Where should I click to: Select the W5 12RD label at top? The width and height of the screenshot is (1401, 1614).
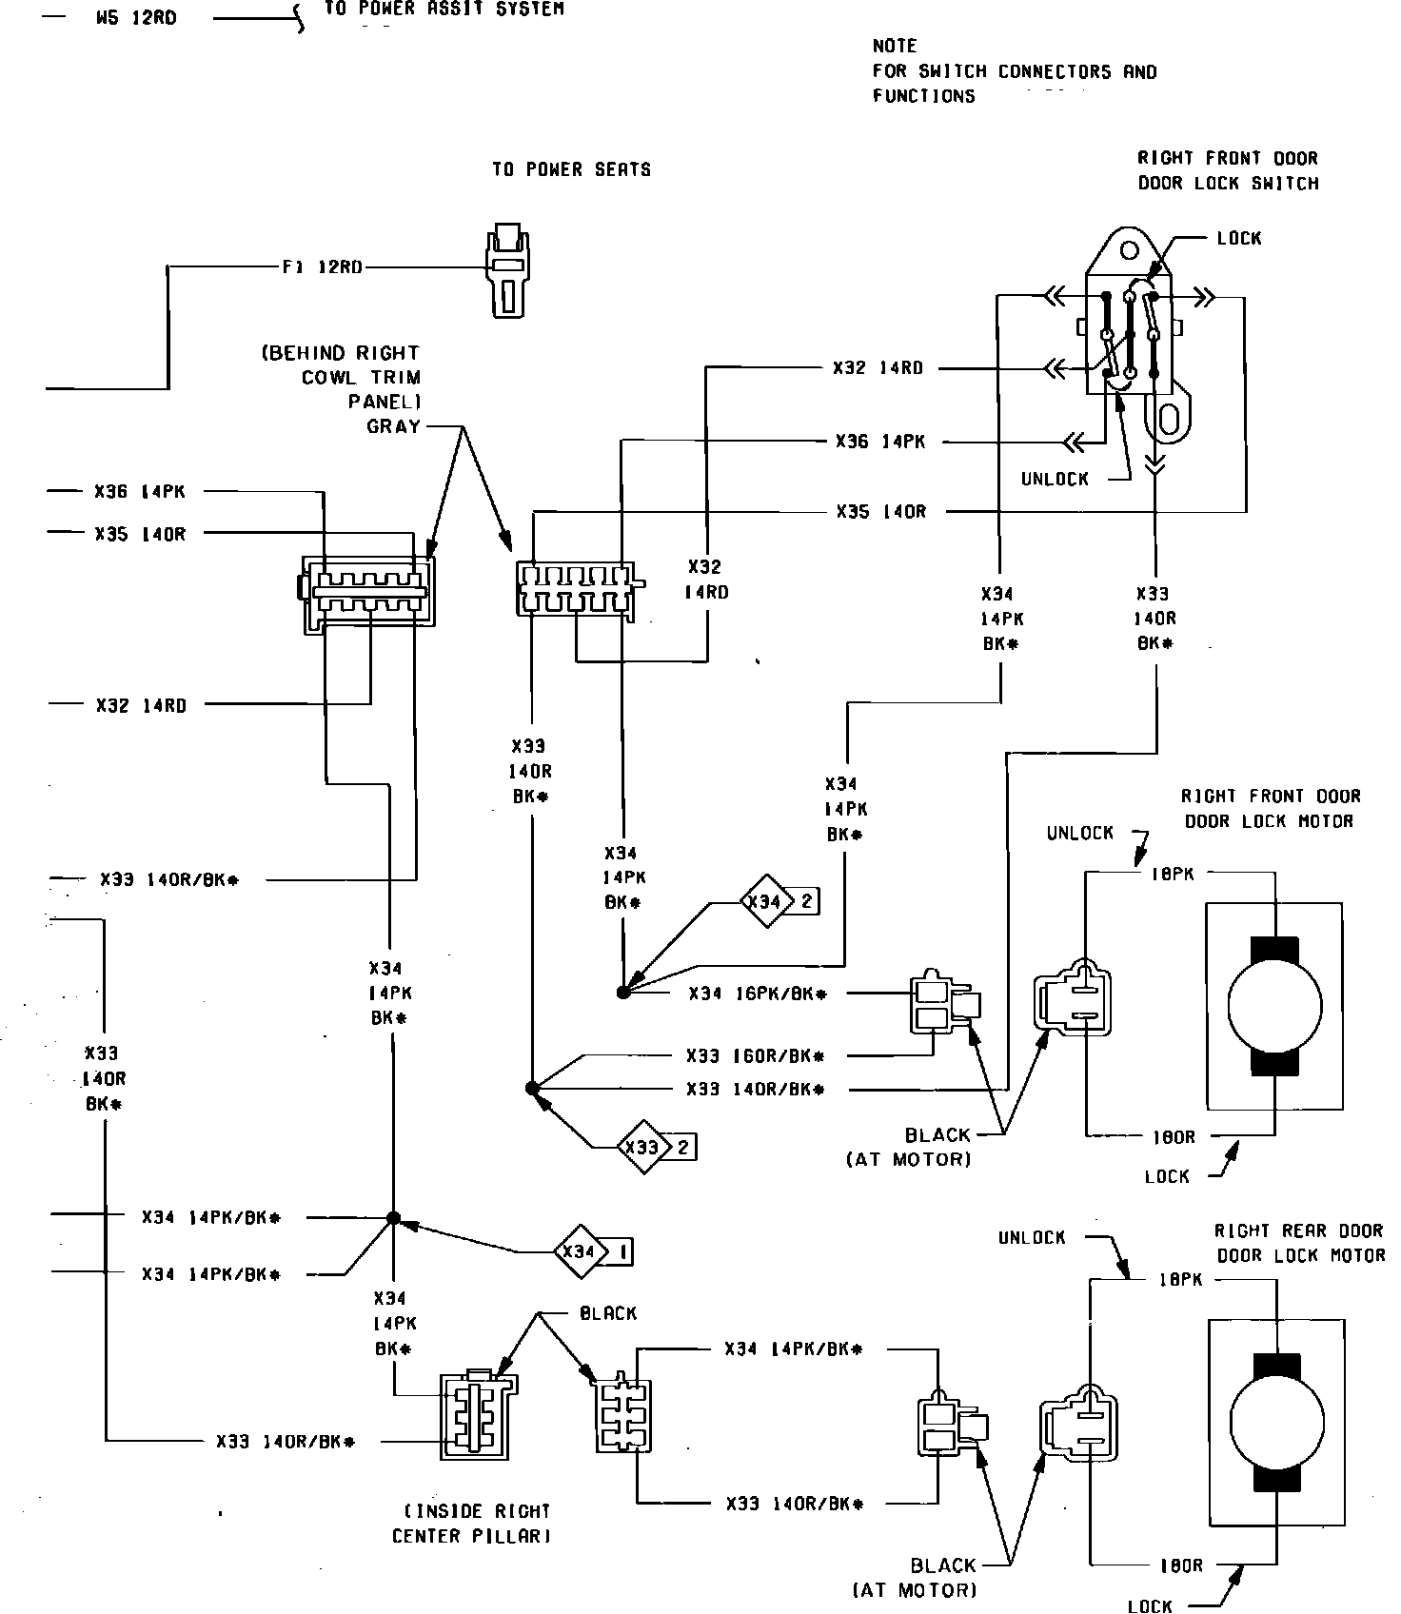point(136,19)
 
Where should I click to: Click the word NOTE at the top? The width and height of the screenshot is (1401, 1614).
point(895,46)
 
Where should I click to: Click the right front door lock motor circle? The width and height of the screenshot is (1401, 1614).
point(1274,1007)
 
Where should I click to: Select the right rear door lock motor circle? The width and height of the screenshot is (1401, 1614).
point(1276,1426)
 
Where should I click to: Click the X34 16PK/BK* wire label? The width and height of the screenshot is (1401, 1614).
point(758,994)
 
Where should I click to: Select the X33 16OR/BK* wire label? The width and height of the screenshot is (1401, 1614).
point(755,1056)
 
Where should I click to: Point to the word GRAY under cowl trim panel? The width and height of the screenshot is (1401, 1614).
point(393,426)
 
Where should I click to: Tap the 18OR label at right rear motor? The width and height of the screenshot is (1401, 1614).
point(1180,1565)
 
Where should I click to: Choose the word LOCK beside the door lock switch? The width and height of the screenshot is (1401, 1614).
point(1239,238)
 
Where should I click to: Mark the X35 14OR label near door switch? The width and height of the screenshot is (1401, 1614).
point(880,512)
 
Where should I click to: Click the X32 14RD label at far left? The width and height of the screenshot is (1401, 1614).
point(141,705)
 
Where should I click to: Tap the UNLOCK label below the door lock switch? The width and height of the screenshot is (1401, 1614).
point(1055,479)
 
